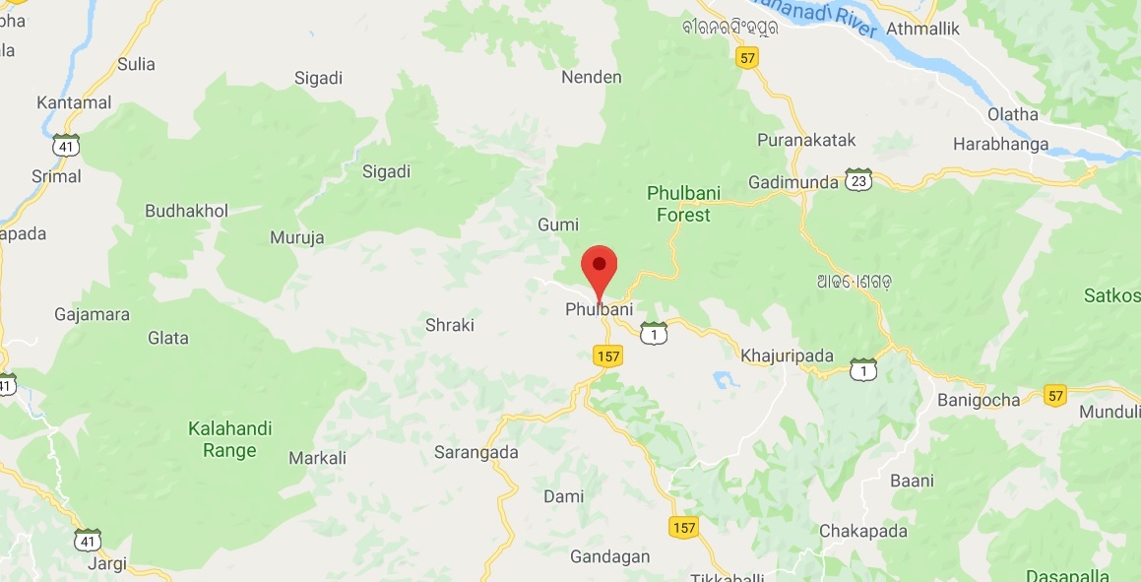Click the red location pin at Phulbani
pyautogui.click(x=599, y=267)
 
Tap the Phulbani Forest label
pyautogui.click(x=678, y=203)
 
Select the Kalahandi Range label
pyautogui.click(x=230, y=439)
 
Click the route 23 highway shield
pyautogui.click(x=858, y=180)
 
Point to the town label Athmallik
pyautogui.click(x=921, y=29)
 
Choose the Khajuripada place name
pyautogui.click(x=787, y=356)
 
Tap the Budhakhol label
pyautogui.click(x=186, y=211)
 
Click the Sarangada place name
pyautogui.click(x=475, y=452)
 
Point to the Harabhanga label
pyautogui.click(x=1000, y=144)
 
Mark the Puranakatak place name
pyautogui.click(x=806, y=140)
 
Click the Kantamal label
pyautogui.click(x=74, y=102)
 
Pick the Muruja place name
pyautogui.click(x=296, y=237)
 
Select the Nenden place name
pyautogui.click(x=591, y=77)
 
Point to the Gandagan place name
pyautogui.click(x=609, y=556)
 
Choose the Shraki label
pyautogui.click(x=449, y=324)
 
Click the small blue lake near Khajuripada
pyautogui.click(x=725, y=378)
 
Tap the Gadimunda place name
pyautogui.click(x=792, y=182)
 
